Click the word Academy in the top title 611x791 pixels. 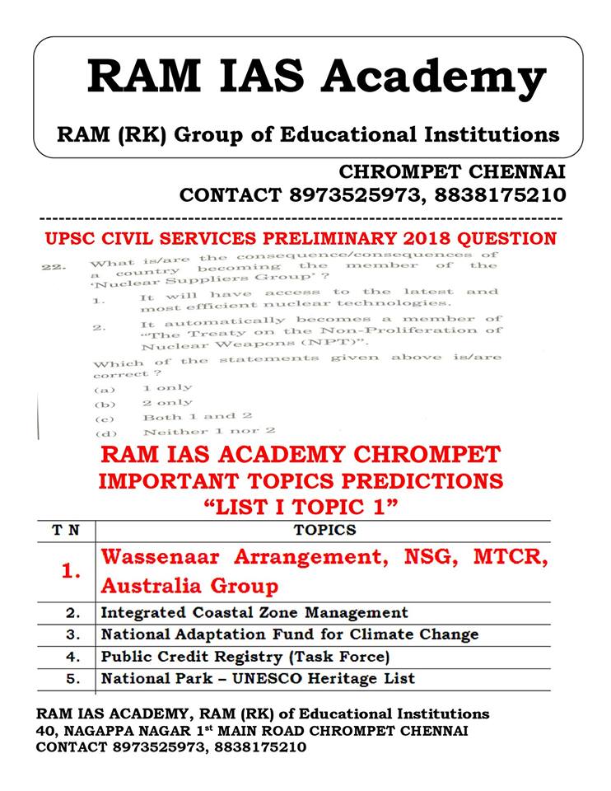[433, 77]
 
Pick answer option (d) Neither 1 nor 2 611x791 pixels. [208, 431]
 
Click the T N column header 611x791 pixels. [67, 531]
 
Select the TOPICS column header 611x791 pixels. [324, 531]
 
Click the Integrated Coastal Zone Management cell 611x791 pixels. [254, 613]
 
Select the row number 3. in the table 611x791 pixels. [73, 635]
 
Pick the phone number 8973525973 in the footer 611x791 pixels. [152, 747]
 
